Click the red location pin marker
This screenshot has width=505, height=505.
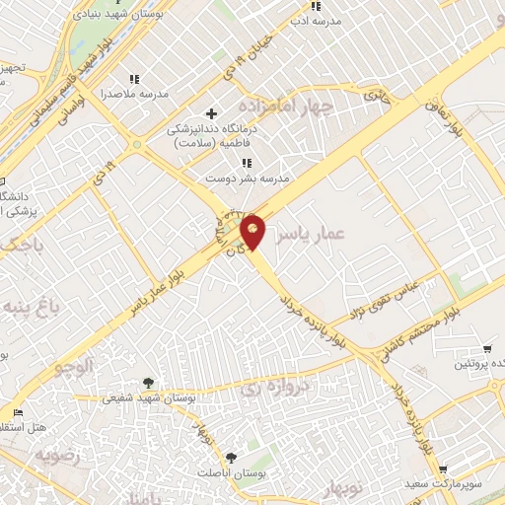(253, 230)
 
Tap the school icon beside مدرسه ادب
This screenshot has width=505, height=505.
(315, 7)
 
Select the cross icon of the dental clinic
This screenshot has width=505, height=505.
(210, 114)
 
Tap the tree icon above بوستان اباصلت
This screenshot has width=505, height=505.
(230, 457)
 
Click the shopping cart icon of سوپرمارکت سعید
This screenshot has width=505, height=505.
(443, 469)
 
